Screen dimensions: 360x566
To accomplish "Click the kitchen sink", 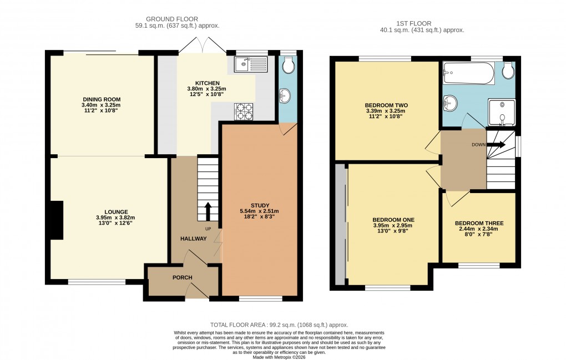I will (x=251, y=65).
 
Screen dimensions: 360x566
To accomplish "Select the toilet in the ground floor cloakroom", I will (x=287, y=66).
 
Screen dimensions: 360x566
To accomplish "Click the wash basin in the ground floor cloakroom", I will (x=285, y=98).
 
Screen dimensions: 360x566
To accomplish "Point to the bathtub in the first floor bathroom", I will (x=469, y=73).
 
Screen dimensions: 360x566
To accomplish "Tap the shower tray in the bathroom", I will (x=501, y=113).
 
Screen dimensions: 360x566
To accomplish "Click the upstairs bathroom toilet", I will (x=508, y=72).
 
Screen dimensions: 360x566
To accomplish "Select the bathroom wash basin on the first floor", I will (x=451, y=103).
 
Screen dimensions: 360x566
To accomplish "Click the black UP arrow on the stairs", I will (x=209, y=211).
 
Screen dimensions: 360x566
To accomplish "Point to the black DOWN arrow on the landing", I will (x=498, y=144).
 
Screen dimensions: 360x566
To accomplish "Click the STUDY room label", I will (x=261, y=204).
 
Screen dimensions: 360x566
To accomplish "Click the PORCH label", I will (x=182, y=277).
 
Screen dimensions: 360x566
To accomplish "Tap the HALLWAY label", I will (x=193, y=239).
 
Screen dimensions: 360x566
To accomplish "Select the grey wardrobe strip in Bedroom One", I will (x=340, y=225).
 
